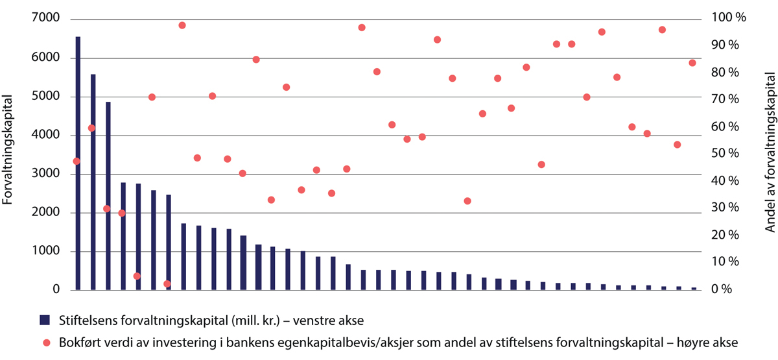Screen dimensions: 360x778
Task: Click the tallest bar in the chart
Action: point(78,162)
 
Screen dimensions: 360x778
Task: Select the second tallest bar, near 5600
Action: point(93,182)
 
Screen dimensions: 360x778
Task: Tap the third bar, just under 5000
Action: point(108,195)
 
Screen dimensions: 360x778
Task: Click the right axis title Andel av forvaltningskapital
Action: point(770,153)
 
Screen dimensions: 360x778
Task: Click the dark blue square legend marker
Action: point(44,319)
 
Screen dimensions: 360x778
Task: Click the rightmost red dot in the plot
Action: point(692,63)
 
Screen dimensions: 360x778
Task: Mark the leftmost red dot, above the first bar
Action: point(77,161)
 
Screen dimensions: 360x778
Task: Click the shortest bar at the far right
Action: point(693,288)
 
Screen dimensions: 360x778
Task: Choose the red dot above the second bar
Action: point(91,128)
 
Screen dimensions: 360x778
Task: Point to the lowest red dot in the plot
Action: point(167,283)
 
